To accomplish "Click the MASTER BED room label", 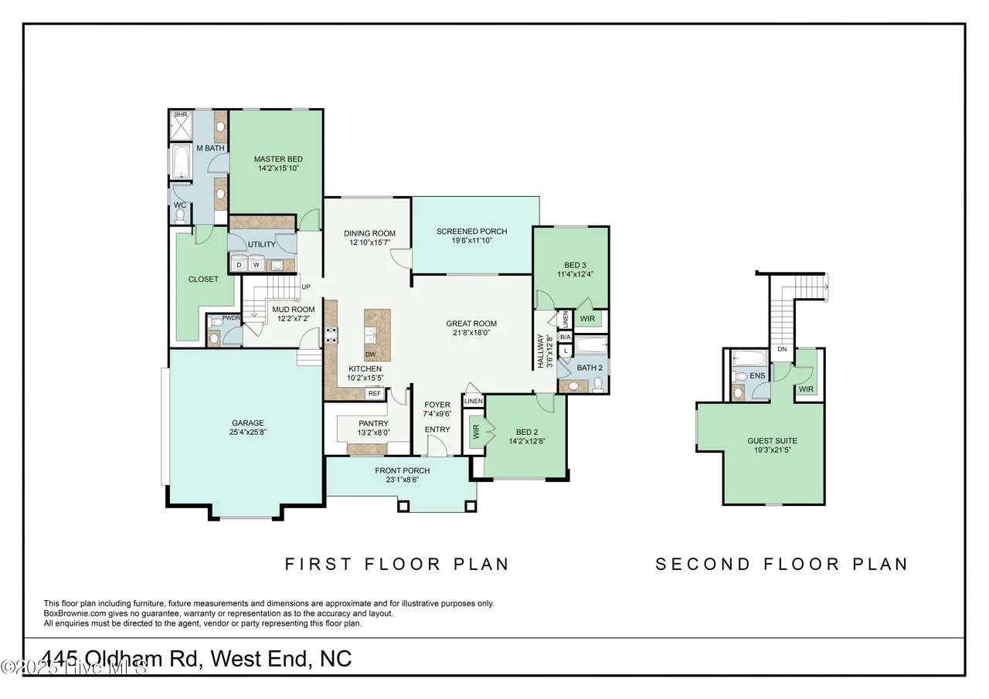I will [x=273, y=159].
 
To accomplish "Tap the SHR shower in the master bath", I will [x=180, y=115].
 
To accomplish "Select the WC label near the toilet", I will [x=179, y=205].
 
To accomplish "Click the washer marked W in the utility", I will [x=256, y=265].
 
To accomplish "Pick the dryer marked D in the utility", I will [x=239, y=265].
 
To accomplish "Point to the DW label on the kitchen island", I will [x=371, y=355].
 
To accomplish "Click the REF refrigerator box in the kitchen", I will [x=375, y=393].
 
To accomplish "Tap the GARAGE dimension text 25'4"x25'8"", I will [x=247, y=433].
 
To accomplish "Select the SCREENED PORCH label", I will [x=471, y=231].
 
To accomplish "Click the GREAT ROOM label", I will [x=471, y=324].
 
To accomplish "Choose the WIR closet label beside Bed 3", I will [x=587, y=318].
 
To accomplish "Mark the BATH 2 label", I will [x=590, y=368].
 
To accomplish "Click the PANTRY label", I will [x=373, y=423].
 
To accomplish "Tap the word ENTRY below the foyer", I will [x=437, y=429].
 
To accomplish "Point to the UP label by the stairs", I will [x=306, y=287].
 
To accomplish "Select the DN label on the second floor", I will [x=782, y=349].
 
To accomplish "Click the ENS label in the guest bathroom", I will [x=757, y=376].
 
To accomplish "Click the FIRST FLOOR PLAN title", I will [x=397, y=564].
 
